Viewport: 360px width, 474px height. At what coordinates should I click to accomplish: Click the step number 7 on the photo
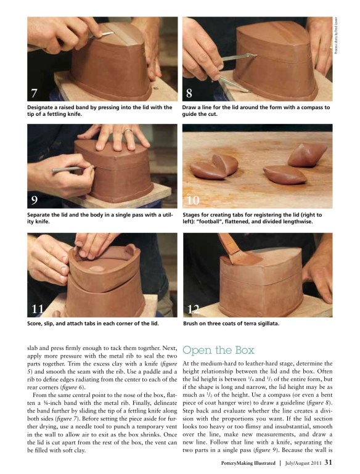coord(34,92)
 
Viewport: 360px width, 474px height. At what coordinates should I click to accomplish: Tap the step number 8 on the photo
coord(189,92)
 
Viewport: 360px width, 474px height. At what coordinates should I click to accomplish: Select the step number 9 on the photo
coord(34,200)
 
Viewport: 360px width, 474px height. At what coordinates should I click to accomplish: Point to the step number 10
coord(193,200)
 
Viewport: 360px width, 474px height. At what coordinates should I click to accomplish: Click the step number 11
coord(38,309)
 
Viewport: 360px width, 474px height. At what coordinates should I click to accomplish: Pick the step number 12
coord(194,309)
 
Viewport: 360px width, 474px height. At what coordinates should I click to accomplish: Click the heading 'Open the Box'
coord(218,349)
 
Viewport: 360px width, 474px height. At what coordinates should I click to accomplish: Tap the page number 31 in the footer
coord(329,462)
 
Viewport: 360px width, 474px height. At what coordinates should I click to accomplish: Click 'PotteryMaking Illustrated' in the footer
coord(248,463)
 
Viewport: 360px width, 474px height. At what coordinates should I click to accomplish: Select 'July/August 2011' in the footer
coord(303,463)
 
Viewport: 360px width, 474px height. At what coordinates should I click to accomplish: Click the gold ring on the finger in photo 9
coord(128,131)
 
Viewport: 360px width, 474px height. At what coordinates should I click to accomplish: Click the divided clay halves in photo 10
coord(215,166)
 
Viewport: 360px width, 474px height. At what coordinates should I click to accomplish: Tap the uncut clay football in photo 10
coord(307,155)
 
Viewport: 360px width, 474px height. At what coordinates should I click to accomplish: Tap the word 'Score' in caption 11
coord(34,324)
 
